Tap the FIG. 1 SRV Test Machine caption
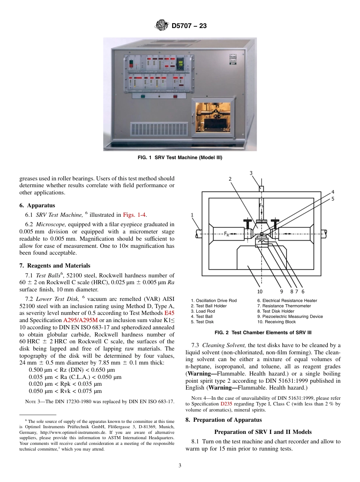(180, 158)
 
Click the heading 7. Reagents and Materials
(55, 266)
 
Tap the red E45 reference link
(169, 313)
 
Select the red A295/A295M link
(80, 320)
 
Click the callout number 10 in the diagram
(260, 291)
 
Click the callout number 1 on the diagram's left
(193, 215)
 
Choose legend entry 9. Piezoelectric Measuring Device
(290, 316)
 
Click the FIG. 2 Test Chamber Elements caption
(263, 333)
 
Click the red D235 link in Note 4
(226, 404)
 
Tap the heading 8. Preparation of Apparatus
(224, 420)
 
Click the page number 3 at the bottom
(180, 466)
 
